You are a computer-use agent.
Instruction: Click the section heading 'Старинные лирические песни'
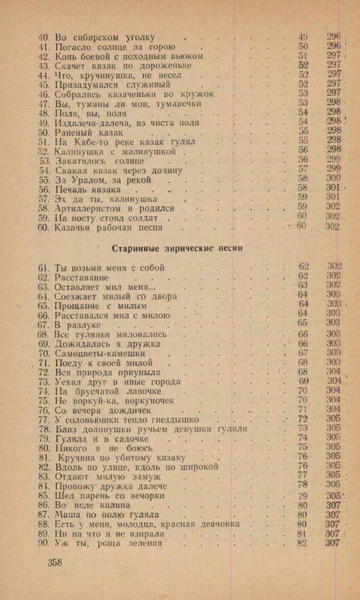pyautogui.click(x=177, y=248)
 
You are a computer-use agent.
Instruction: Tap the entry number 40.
pyautogui.click(x=44, y=37)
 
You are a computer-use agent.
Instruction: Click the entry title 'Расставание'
pyautogui.click(x=82, y=277)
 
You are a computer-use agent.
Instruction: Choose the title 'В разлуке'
pyautogui.click(x=78, y=324)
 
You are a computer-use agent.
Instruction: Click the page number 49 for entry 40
pyautogui.click(x=303, y=37)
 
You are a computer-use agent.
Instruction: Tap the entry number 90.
pyautogui.click(x=44, y=543)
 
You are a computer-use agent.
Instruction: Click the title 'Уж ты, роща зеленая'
pyautogui.click(x=108, y=543)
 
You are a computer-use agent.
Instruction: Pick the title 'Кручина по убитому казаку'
pyautogui.click(x=121, y=458)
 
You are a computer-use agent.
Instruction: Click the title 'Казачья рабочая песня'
pyautogui.click(x=109, y=227)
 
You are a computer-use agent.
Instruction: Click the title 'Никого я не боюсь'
pyautogui.click(x=103, y=448)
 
